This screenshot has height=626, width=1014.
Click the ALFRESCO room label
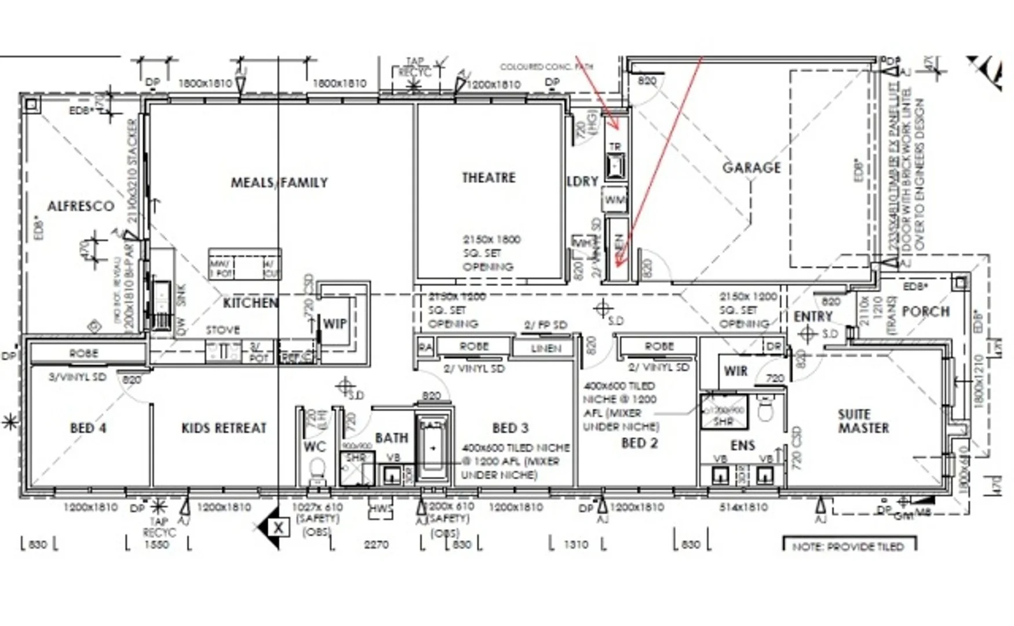81,206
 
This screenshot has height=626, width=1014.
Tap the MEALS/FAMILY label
279,183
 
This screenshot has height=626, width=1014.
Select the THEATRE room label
488,178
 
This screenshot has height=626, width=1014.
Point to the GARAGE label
751,168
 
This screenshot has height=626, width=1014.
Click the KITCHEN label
250,303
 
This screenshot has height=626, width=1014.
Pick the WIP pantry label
334,324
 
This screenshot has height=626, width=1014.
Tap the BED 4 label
88,428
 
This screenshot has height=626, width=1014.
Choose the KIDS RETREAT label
224,428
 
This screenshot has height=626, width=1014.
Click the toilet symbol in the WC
317,469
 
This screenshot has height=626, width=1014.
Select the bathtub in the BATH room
433,449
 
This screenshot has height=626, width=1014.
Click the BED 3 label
510,428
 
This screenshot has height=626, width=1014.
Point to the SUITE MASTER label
863,421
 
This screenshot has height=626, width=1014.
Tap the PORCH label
925,312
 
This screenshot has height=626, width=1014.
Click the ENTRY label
812,316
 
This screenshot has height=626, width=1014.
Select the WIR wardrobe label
735,371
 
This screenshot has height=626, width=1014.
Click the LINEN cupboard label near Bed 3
545,348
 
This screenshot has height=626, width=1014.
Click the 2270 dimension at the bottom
376,545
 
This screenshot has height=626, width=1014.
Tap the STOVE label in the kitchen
223,330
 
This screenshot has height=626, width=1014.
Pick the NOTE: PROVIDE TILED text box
848,547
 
